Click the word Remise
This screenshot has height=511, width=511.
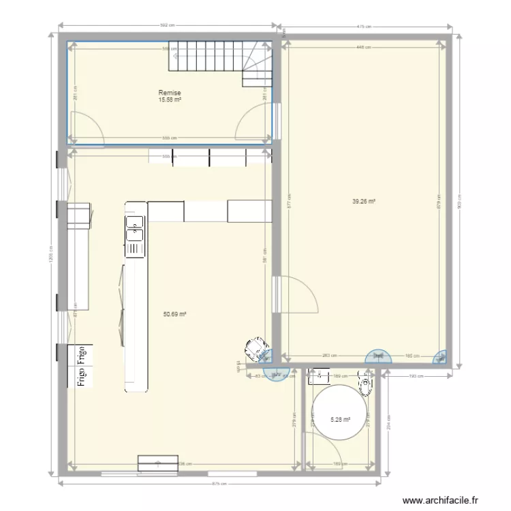[170, 93]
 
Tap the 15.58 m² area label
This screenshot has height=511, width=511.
[170, 99]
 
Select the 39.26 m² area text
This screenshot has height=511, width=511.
[364, 201]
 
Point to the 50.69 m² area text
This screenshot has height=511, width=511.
[175, 314]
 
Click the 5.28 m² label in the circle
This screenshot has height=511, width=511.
[340, 420]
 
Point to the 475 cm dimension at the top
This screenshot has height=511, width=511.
[364, 27]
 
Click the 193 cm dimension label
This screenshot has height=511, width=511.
[413, 376]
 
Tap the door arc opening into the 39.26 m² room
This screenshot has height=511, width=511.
[298, 293]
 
